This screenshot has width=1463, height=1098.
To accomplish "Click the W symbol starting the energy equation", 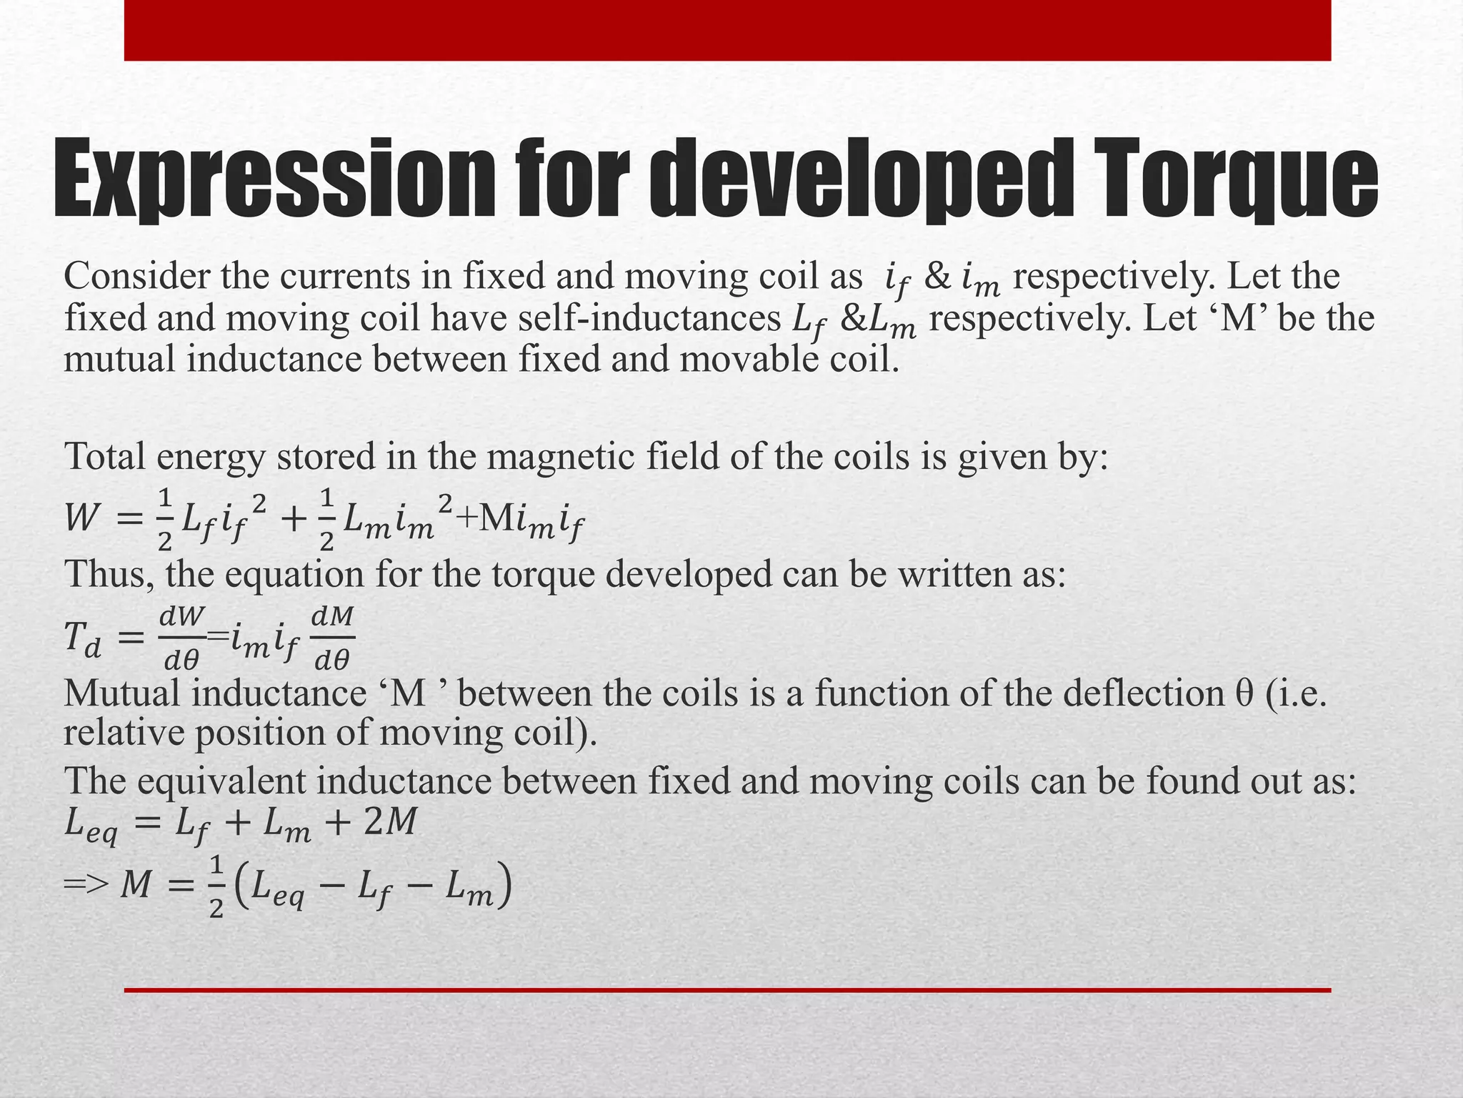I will coord(81,518).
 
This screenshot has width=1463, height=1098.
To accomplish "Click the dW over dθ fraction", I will coord(182,638).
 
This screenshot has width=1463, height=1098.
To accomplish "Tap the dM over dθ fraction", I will coord(333,638).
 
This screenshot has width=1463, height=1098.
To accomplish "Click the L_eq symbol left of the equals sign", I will coord(91,826).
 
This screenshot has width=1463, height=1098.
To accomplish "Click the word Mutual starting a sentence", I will coord(121,693).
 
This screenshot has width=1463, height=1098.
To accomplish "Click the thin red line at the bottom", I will coord(727,990).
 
